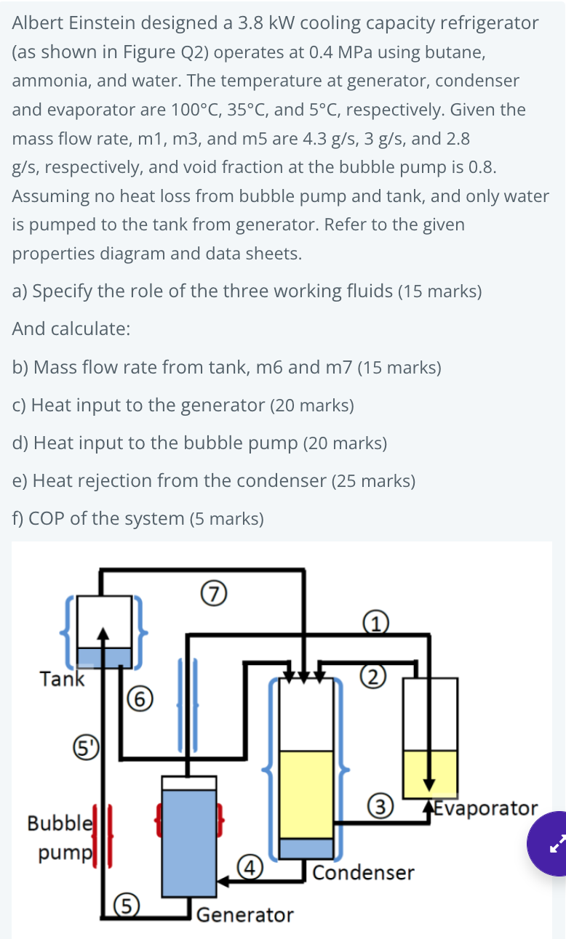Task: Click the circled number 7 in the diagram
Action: (212, 594)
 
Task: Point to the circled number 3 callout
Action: (383, 806)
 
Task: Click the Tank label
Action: (62, 680)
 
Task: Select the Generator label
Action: (245, 914)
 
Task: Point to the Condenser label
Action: (364, 872)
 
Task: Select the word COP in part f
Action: (47, 518)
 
